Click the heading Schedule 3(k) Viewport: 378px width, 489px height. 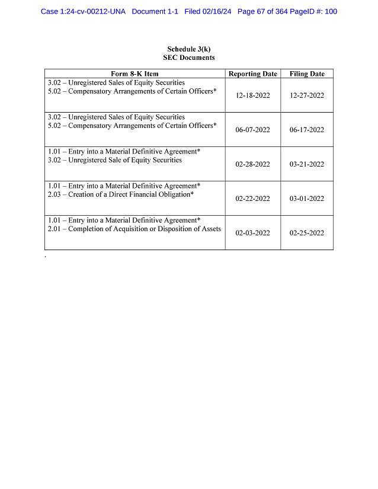188,49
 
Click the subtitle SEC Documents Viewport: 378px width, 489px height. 188,57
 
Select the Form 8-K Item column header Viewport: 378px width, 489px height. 134,74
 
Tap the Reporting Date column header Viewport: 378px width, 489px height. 252,74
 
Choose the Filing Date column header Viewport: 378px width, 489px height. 306,74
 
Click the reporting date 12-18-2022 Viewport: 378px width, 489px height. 252,95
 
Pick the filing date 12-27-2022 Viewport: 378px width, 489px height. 306,95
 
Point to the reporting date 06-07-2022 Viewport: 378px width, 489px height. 252,130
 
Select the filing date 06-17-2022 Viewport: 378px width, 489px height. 306,130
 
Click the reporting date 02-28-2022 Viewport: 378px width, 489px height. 252,164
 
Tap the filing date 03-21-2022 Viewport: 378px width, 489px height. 306,164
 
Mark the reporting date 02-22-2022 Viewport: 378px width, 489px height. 252,199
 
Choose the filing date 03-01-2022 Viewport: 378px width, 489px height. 306,199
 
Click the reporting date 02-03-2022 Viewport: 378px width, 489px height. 252,233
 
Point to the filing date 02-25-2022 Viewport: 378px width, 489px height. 306,233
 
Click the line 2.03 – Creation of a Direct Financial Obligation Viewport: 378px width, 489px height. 121,194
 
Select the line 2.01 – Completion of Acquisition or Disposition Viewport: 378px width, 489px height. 134,229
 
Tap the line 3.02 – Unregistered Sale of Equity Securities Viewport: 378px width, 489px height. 115,160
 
